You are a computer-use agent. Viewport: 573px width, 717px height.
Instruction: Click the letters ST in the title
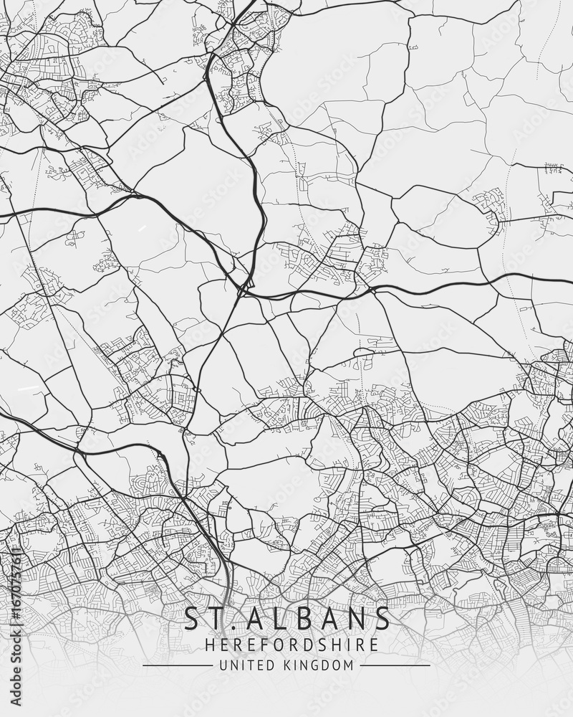(203, 619)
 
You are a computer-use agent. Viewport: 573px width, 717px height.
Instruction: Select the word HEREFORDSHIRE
(292, 645)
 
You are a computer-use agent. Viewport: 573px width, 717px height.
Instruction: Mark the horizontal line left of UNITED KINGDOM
(178, 665)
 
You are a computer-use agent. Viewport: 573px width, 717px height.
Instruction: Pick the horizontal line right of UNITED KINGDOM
(395, 665)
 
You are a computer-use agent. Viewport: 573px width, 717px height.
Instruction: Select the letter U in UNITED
(223, 665)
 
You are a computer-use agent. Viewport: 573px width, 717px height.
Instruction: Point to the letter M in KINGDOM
(349, 665)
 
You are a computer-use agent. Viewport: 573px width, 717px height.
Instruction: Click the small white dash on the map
(29, 388)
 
